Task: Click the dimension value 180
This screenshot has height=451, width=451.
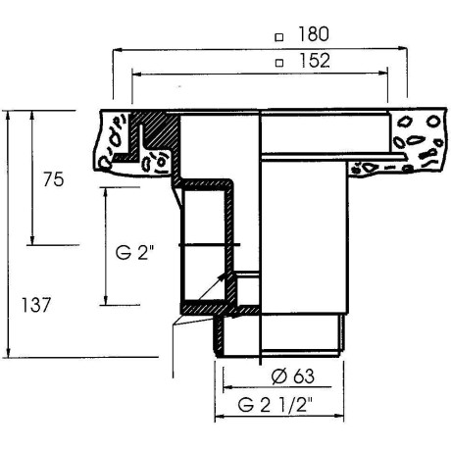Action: pos(314,34)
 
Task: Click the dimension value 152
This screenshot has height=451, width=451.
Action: pos(315,61)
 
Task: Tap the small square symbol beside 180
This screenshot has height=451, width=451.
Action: pos(278,37)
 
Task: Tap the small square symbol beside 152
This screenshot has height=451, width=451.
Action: pos(279,63)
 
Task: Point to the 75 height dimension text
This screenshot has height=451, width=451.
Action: pos(54,179)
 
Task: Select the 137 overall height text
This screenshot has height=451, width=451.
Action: pos(36,305)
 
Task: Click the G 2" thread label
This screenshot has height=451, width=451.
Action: pos(134,252)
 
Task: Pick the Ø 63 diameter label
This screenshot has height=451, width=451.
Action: pos(293,376)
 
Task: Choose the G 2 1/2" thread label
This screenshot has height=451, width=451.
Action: pos(276,406)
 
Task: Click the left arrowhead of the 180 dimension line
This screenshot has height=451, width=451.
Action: pos(117,50)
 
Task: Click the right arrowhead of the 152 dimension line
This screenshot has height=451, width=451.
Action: pos(383,74)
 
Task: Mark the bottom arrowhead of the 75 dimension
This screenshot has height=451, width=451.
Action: pos(32,239)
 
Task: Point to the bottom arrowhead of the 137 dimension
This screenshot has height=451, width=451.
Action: pos(8,352)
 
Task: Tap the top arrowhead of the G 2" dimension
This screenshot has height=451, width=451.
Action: pos(105,192)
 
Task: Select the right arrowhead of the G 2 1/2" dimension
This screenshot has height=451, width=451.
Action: pos(339,416)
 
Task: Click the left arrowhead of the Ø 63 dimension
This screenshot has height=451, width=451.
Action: pos(227,387)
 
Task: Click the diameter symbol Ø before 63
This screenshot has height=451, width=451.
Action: pos(278,376)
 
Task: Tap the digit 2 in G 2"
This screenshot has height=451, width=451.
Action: pos(142,252)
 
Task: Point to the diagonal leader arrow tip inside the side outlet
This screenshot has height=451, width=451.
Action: pos(224,276)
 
